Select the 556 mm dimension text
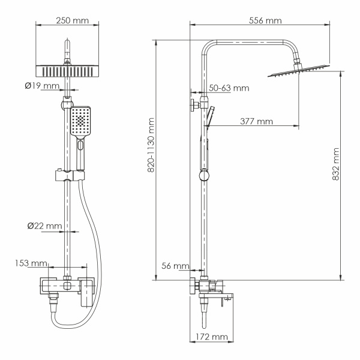pyautogui.click(x=265, y=20)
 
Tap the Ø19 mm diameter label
pyautogui.click(x=43, y=86)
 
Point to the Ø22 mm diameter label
pyautogui.click(x=44, y=226)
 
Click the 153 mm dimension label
pyautogui.click(x=31, y=263)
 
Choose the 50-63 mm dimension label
pyautogui.click(x=229, y=88)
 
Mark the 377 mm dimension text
pyautogui.click(x=256, y=121)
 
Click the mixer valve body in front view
pyautogui.click(x=68, y=287)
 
